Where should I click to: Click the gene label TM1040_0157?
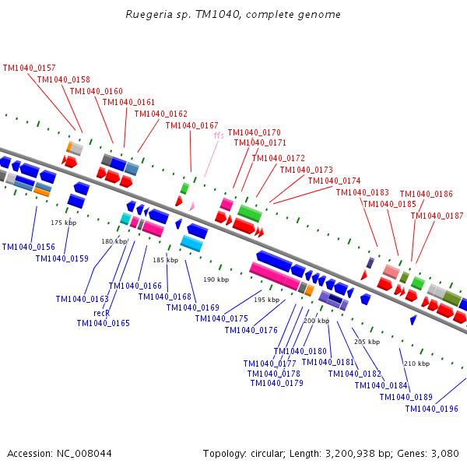point(30,68)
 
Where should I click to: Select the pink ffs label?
point(219,135)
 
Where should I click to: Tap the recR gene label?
point(101,313)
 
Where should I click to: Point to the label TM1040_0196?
point(432,409)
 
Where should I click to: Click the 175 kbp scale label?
point(63,223)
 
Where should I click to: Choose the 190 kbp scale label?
point(216,279)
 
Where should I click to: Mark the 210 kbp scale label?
point(416,363)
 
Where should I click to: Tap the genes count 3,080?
point(444,453)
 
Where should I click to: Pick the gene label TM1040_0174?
point(334,181)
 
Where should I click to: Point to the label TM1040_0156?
point(28,247)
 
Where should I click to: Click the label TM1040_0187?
point(437,216)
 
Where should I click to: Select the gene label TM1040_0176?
point(251,330)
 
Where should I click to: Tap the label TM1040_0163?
point(82,299)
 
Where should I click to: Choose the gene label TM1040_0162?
point(160,114)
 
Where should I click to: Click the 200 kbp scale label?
point(316,321)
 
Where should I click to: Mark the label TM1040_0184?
point(381,385)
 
